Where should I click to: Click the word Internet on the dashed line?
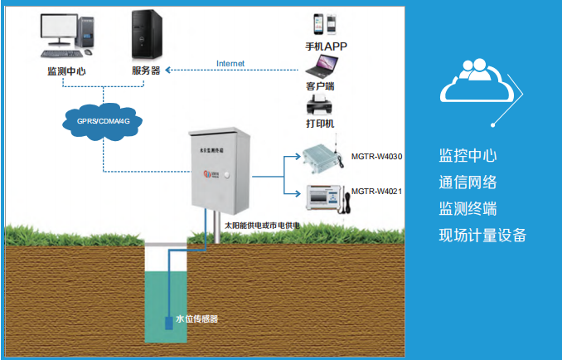[230, 64]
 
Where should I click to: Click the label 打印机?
[320, 124]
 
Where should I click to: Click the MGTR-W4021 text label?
[376, 191]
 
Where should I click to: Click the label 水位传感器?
[202, 319]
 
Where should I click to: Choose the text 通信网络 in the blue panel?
[468, 182]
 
